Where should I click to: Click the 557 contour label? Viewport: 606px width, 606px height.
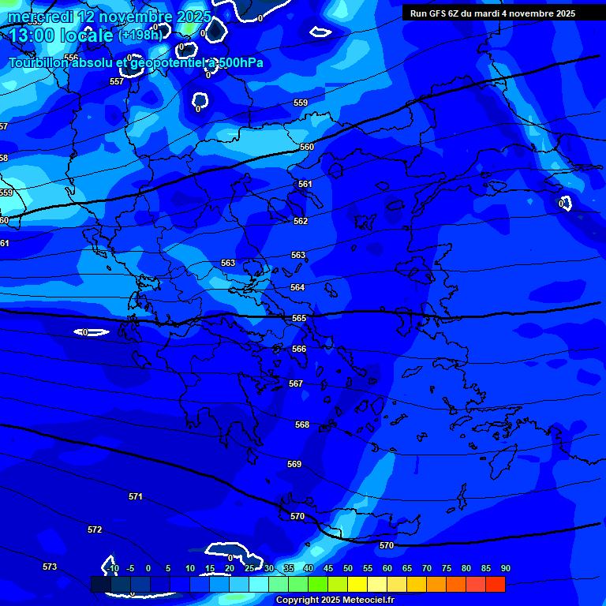click(117, 81)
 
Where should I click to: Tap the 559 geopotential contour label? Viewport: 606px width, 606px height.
click(301, 103)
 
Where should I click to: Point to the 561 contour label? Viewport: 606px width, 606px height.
click(305, 184)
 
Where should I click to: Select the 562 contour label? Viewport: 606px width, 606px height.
click(301, 222)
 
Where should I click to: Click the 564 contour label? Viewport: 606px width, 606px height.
click(297, 288)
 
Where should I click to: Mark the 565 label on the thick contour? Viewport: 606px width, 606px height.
click(299, 318)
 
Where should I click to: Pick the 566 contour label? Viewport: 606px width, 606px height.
click(299, 349)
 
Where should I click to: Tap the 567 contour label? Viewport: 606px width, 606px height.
click(296, 383)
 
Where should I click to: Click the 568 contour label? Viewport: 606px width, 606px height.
click(302, 425)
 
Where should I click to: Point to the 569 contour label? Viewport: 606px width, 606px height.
click(294, 465)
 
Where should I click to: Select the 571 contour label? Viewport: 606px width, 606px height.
click(136, 496)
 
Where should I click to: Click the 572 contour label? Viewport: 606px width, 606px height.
click(95, 529)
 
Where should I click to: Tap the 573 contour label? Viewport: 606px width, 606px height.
click(50, 567)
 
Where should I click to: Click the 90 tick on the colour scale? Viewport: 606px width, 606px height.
click(505, 568)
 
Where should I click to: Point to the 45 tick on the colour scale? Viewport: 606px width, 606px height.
click(328, 568)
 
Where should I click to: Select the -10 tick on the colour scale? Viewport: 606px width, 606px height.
click(112, 568)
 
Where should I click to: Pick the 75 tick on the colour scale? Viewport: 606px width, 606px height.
click(447, 568)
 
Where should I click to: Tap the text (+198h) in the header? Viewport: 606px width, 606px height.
click(140, 35)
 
